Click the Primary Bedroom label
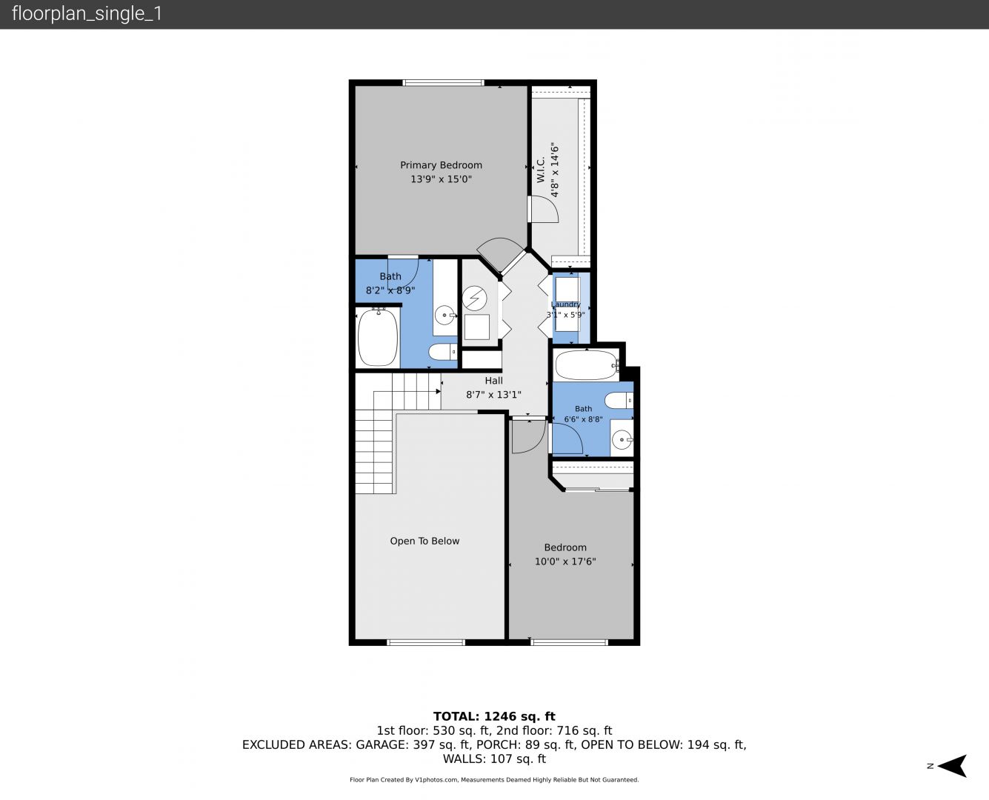pos(441,165)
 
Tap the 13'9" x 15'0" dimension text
pos(441,179)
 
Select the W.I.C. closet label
pos(541,170)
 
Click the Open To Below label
pos(424,541)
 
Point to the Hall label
pos(493,381)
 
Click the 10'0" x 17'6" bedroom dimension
pos(565,561)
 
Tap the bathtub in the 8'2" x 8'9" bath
pos(378,337)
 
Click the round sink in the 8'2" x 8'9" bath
pos(444,316)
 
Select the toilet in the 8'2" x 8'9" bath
pos(443,352)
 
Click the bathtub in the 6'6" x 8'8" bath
pos(587,365)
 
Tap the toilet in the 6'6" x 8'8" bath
pos(619,400)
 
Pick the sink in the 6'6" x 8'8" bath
pos(622,439)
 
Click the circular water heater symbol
pos(475,298)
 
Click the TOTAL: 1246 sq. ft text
pos(495,716)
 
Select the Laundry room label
pos(565,304)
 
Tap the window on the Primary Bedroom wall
pos(444,83)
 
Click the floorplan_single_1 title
pos(87,14)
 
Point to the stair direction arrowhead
pos(438,392)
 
